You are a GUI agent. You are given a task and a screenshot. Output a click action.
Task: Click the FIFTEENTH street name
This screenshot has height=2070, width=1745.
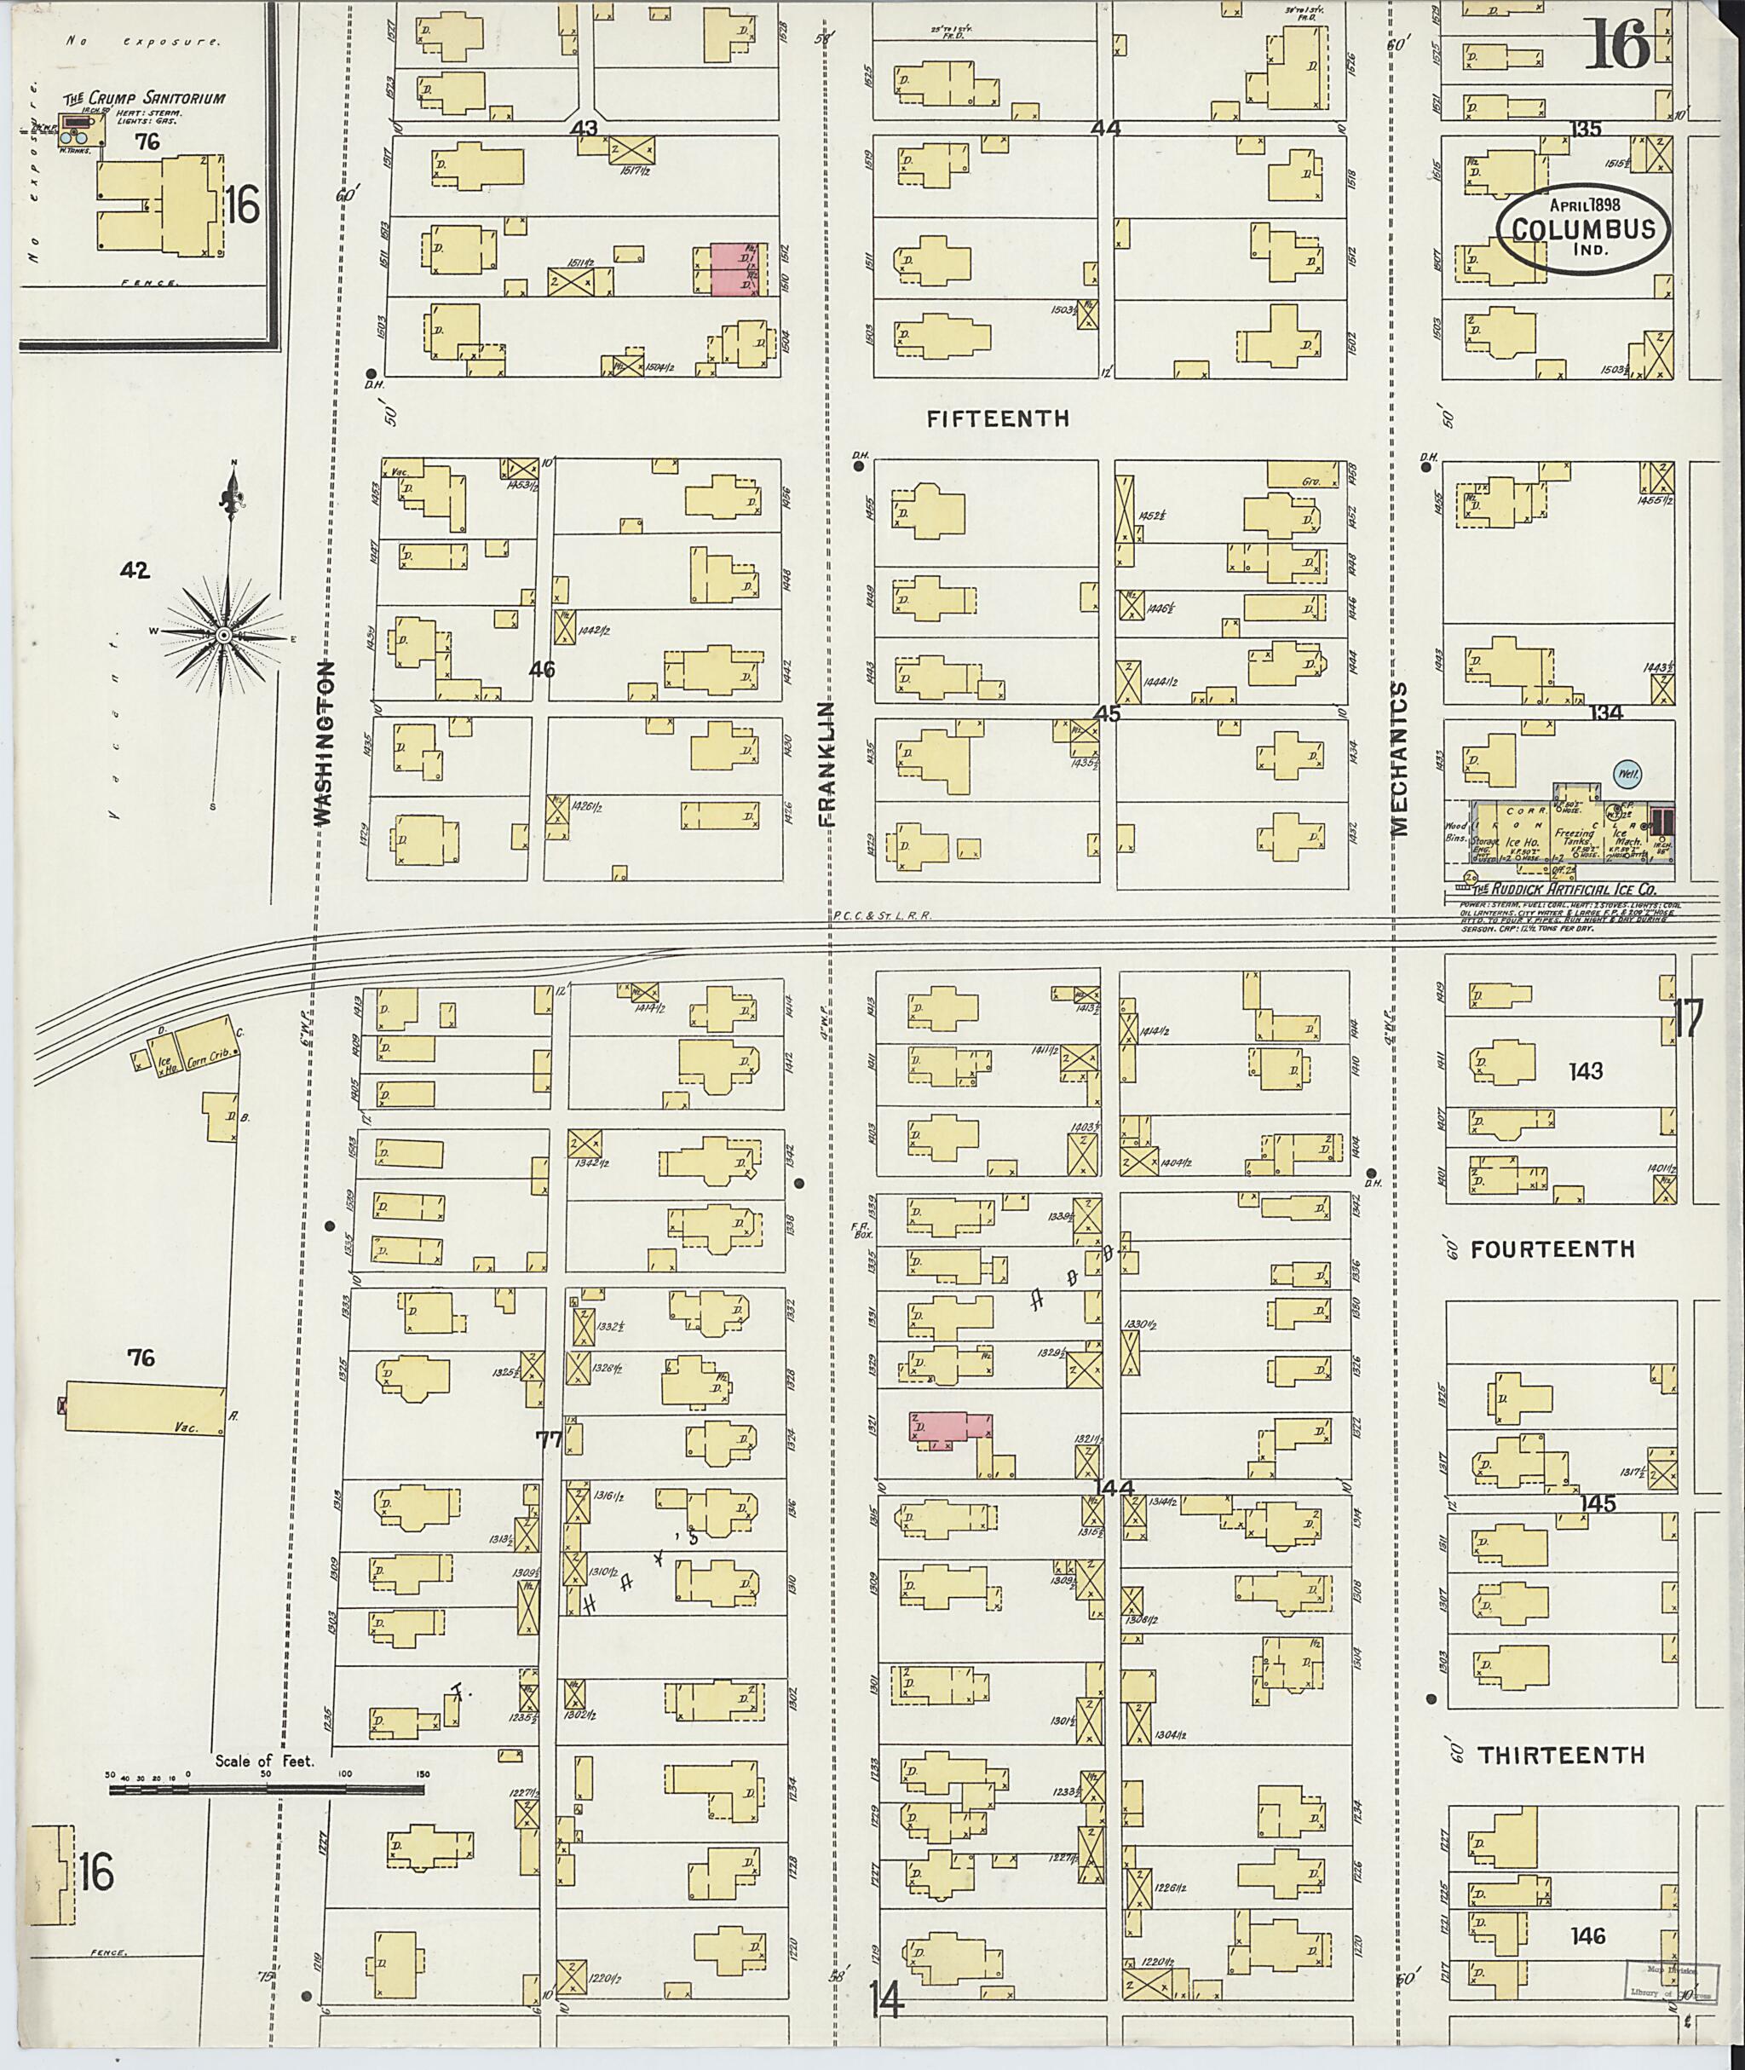pyautogui.click(x=997, y=418)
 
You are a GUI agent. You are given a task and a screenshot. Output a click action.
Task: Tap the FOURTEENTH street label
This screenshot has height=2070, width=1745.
pyautogui.click(x=1552, y=1249)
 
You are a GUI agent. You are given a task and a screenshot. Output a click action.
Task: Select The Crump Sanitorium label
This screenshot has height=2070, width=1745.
pyautogui.click(x=145, y=99)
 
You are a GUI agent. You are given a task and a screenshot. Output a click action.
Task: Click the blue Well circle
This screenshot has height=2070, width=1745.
pyautogui.click(x=1626, y=775)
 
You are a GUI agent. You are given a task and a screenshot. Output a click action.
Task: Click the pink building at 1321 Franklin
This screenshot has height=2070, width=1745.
pyautogui.click(x=950, y=1426)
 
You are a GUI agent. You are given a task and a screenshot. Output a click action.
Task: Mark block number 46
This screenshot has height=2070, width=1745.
pyautogui.click(x=542, y=670)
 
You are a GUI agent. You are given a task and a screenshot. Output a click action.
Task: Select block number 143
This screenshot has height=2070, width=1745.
pyautogui.click(x=1586, y=1070)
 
